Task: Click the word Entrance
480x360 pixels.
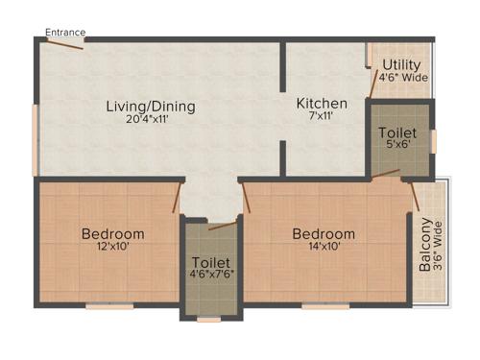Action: (x=65, y=32)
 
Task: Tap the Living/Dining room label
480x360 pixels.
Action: (x=151, y=107)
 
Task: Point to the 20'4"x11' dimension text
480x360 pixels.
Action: (x=151, y=120)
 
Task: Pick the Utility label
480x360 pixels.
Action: (x=400, y=65)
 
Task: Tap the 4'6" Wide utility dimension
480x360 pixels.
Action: (x=400, y=77)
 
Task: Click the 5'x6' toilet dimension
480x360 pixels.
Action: (x=396, y=148)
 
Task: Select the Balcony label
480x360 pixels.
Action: (x=425, y=247)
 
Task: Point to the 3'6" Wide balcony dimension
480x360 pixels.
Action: (x=439, y=247)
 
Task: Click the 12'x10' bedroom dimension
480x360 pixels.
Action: (x=113, y=247)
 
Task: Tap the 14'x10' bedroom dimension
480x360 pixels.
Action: (x=324, y=247)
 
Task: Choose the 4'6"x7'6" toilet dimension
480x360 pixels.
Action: (x=211, y=275)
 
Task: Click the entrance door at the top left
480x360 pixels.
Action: (x=64, y=44)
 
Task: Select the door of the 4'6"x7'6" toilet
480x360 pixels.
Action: (x=222, y=227)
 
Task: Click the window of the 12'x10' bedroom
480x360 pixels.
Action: (x=109, y=306)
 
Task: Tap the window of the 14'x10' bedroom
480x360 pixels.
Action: (x=325, y=306)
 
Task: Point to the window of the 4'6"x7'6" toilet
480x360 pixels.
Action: (x=209, y=320)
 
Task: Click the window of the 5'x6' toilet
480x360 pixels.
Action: (x=433, y=140)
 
